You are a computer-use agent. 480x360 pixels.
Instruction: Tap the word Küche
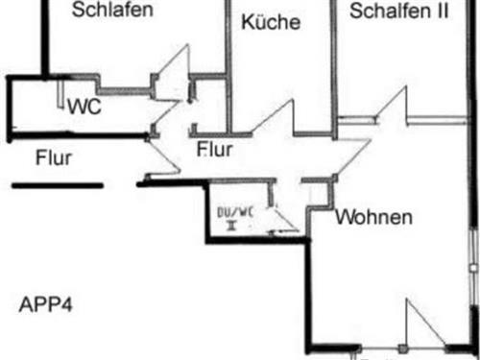[x=270, y=22]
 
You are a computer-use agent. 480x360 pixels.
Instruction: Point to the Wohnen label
[x=374, y=218]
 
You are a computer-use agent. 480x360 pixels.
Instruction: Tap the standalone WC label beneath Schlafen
[x=84, y=107]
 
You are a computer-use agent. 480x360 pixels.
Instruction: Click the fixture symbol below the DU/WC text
[x=231, y=227]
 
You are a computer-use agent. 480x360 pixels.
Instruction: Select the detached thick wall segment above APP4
[x=57, y=184]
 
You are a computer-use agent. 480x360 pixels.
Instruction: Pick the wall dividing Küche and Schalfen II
[x=334, y=67]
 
